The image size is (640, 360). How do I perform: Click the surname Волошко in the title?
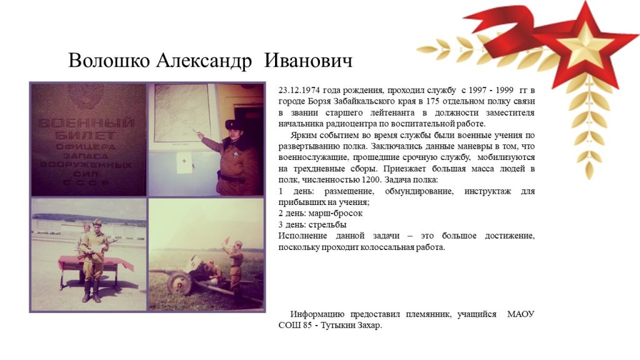(x=109, y=61)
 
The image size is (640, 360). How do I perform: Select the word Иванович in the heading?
(x=308, y=61)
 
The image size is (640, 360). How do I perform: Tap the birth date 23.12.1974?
(x=299, y=90)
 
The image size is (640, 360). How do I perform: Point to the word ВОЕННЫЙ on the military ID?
(x=86, y=123)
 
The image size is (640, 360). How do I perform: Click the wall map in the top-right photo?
(x=182, y=112)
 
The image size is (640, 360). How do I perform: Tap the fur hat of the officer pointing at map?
(x=233, y=124)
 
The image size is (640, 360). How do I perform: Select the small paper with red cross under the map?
(x=184, y=162)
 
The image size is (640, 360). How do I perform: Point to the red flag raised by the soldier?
(x=226, y=241)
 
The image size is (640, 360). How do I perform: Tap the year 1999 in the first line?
(x=505, y=90)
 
